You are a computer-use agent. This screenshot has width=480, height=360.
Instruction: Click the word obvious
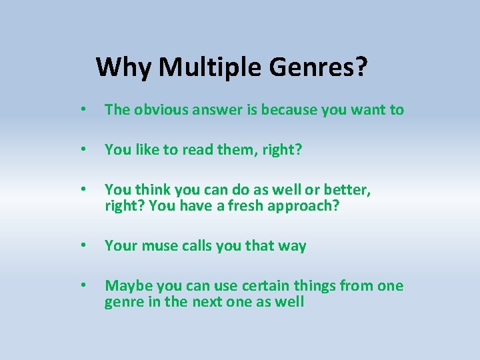click(x=161, y=110)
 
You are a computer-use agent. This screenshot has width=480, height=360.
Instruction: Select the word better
click(x=348, y=191)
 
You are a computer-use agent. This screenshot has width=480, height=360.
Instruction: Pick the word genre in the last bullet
click(x=124, y=302)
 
